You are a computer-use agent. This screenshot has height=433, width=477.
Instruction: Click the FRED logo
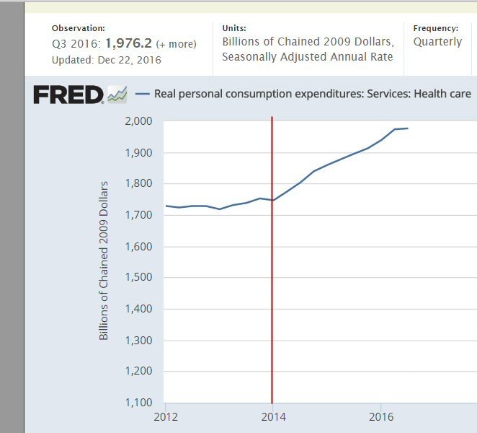(x=68, y=95)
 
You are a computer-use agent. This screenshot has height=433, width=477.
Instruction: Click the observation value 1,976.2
(x=128, y=43)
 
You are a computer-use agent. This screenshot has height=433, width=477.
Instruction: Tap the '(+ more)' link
(x=176, y=44)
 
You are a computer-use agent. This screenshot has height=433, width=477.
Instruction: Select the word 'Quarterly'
(x=437, y=42)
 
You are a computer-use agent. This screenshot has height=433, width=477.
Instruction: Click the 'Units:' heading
(x=234, y=28)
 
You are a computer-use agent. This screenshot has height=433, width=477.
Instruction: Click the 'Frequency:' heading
(x=435, y=28)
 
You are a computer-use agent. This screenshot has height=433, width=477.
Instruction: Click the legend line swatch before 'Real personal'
(x=142, y=95)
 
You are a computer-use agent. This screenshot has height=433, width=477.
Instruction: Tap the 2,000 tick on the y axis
(x=138, y=121)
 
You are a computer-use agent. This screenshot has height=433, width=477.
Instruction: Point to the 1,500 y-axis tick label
(x=138, y=278)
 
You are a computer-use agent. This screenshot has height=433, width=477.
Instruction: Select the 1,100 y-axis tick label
(x=138, y=403)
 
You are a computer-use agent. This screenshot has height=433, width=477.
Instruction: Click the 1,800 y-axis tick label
(x=138, y=184)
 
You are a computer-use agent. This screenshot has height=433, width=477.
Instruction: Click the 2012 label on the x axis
(x=165, y=417)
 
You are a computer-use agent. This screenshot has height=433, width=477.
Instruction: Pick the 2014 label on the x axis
(x=272, y=417)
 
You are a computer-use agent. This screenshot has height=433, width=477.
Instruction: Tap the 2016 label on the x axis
(x=380, y=417)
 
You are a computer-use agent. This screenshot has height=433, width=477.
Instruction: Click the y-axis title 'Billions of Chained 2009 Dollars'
(x=104, y=261)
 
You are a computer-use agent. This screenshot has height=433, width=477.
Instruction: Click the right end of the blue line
(x=408, y=128)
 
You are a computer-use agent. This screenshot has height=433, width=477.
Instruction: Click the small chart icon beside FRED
(x=117, y=95)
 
